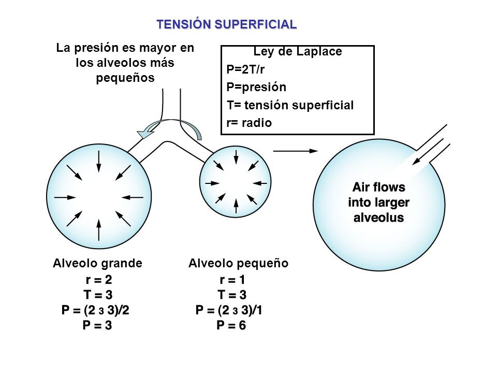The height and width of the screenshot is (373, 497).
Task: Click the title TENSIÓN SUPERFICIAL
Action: (227, 24)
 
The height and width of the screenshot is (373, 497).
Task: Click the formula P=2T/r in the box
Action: (245, 69)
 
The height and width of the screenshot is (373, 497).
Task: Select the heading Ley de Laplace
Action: (298, 51)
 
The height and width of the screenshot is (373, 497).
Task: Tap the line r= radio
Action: (249, 123)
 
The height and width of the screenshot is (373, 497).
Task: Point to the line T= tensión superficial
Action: (290, 105)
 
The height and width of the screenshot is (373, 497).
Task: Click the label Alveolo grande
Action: (98, 263)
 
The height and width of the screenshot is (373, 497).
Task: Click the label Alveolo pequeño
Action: (238, 263)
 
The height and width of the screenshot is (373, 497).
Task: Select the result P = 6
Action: (231, 325)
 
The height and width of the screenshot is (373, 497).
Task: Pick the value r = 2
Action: (99, 279)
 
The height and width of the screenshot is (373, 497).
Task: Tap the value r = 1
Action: (232, 279)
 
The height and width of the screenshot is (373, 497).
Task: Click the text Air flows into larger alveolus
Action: (379, 203)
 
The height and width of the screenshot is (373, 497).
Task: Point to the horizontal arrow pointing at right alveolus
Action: (296, 151)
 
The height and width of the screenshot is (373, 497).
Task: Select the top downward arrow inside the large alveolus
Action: (98, 162)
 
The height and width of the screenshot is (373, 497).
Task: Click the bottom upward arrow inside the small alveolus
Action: (236, 206)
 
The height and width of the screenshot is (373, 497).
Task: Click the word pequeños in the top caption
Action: (125, 78)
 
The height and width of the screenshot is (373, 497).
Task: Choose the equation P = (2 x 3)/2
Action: (95, 310)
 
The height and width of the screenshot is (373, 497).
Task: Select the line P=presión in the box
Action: (256, 87)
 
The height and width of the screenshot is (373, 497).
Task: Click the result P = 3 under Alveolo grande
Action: (97, 325)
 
